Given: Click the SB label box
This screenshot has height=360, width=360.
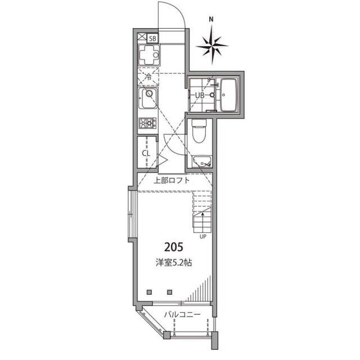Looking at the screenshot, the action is [153, 38].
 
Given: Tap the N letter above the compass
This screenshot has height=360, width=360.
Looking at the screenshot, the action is [211, 19].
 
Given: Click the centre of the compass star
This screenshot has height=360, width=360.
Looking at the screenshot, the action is [212, 45].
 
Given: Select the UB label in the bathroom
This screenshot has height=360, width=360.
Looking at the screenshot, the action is [200, 95].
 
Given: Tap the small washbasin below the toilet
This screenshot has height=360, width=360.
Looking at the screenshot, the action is [202, 162].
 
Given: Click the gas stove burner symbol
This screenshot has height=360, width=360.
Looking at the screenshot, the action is [147, 123].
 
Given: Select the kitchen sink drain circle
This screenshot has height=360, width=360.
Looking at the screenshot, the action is [149, 93].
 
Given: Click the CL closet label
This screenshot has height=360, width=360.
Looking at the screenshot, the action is [146, 153].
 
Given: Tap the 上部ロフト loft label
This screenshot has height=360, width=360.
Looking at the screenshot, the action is [172, 180].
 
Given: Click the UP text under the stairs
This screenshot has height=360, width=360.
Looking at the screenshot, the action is [203, 237].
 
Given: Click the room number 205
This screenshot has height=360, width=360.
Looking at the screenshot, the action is [174, 247].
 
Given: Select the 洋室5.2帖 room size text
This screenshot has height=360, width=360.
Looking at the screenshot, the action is [174, 262].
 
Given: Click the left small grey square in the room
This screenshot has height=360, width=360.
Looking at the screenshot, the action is [149, 292].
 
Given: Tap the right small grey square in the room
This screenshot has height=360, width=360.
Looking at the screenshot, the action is [169, 292].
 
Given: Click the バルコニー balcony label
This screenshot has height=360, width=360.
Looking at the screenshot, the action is [182, 314].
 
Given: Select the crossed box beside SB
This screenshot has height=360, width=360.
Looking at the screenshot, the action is [142, 37].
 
